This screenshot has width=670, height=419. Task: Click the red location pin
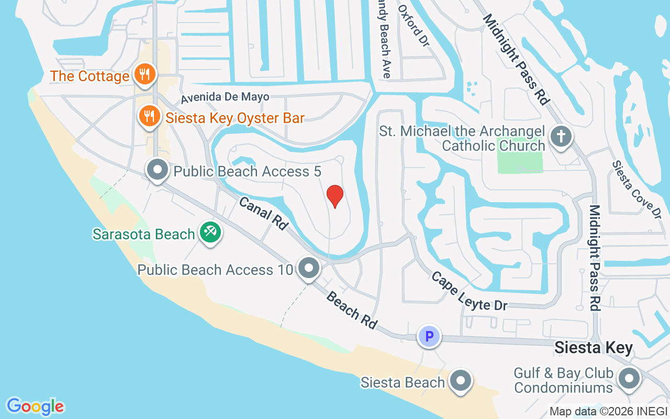coord(335,196)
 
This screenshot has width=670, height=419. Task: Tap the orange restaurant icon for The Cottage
coord(143,74)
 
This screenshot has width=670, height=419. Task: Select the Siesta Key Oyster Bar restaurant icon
coord(149,116)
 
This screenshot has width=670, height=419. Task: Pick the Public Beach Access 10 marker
coord(309,269)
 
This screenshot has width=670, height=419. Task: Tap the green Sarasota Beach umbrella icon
coord(211,232)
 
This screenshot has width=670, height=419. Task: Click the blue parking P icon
coord(429,336)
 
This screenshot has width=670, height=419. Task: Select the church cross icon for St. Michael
coord(561,137)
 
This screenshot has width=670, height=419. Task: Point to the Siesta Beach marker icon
coord(461,382)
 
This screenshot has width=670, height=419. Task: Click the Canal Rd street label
coord(264,213)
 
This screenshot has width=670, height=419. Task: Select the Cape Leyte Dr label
coord(469,291)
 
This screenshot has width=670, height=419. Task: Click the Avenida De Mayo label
coord(225,97)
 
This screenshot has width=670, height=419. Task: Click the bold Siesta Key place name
coord(594,348)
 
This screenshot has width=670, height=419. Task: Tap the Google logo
coord(35,406)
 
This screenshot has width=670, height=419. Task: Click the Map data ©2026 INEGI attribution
coord(608,411)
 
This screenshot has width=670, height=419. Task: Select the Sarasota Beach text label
coord(143,234)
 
